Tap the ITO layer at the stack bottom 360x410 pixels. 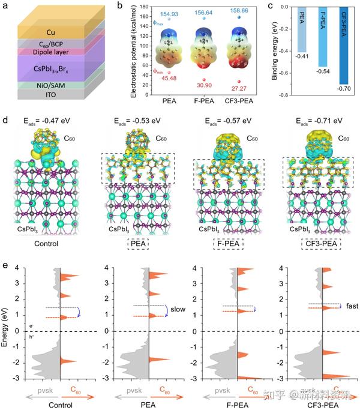(55, 94)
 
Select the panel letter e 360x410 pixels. (5, 265)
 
